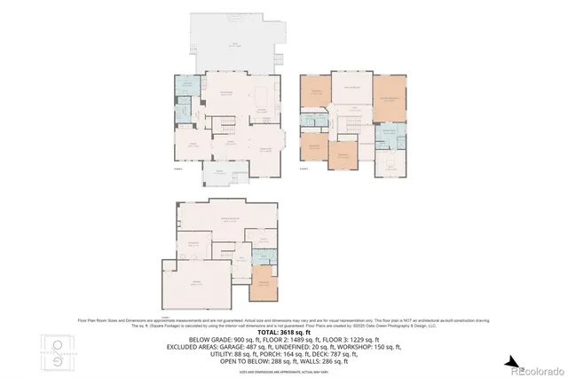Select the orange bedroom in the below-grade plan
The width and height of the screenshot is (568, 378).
pyautogui.click(x=264, y=286)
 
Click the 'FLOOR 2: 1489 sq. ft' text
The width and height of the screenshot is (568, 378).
pyautogui.click(x=284, y=339)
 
